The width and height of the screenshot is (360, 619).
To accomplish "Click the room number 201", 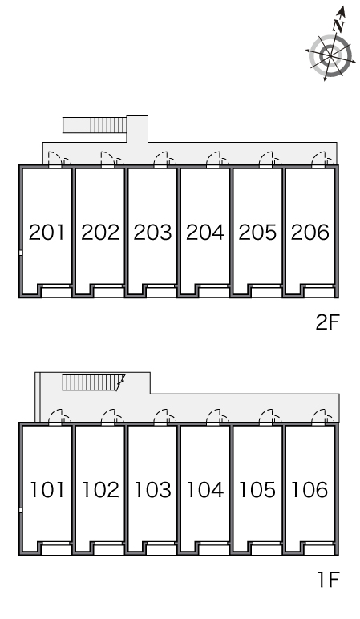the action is tap(47, 233).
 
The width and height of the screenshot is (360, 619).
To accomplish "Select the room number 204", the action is tap(205, 233).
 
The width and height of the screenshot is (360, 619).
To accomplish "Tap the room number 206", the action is tap(309, 233).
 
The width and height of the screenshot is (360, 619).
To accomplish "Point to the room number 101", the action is tap(47, 490).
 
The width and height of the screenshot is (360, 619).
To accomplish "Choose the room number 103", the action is tap(152, 490).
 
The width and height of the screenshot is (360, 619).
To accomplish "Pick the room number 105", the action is tap(257, 490).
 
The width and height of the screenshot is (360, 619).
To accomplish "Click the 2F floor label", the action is tap(327, 322).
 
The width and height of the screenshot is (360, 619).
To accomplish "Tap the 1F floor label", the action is tap(329, 580).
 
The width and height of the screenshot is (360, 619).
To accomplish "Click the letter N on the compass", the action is tap(338, 26).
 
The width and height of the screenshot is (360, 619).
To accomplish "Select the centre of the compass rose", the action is tap(330, 56).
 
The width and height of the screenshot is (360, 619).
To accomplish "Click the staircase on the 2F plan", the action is tap(95, 125).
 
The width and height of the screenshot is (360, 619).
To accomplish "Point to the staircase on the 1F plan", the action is tap(94, 382).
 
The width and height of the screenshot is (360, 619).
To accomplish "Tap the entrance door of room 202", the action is tap(107, 160).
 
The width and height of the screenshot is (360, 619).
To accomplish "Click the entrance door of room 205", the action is tap(266, 160).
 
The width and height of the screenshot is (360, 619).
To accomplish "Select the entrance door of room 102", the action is tap(107, 418).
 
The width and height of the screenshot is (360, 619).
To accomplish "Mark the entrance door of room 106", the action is tap(318, 418).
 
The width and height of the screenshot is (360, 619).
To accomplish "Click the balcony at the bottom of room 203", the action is tap(161, 292).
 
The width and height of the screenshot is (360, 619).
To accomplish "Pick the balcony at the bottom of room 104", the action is tap(214, 549).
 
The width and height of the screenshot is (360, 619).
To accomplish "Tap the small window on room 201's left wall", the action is tap(21, 253).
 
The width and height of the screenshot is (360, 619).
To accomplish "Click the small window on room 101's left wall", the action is tap(21, 510).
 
